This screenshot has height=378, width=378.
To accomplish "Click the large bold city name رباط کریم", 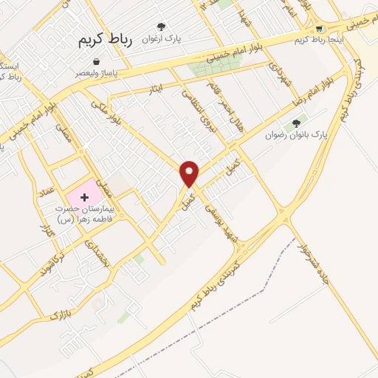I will click(x=105, y=41).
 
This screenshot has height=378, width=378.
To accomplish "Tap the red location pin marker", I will click(x=190, y=174).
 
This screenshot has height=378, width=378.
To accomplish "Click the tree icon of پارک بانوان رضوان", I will click(x=297, y=124).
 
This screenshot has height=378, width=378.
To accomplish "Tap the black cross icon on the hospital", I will click(x=84, y=197).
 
